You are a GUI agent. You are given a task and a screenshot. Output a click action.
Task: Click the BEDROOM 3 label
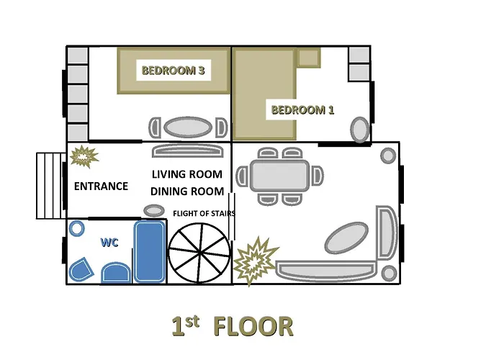coord(174,71)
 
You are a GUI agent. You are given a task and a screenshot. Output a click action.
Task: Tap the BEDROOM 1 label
coord(303,110)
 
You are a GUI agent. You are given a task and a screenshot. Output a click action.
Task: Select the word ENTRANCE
coord(101,186)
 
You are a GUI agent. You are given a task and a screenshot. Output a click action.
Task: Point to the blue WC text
coord(109,242)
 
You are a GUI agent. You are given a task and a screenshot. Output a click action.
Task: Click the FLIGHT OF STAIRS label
coord(204,213)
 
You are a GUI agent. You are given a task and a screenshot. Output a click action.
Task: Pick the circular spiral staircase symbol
coord(199,253)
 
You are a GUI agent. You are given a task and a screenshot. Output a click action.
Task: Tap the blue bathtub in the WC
coord(150,252)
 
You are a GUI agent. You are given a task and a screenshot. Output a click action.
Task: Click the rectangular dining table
coord(279,176)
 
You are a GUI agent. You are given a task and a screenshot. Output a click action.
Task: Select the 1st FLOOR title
coord(233,326)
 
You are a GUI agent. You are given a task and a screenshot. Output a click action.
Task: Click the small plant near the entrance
coord(84,156)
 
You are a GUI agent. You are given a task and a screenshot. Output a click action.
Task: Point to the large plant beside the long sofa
coord(255,261)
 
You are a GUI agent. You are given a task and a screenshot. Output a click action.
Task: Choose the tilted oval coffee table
coord(346,238)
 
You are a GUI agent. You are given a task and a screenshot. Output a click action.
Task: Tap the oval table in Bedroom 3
coord(188,127)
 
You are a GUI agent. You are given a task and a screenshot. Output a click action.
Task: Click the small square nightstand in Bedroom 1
coord(308,58)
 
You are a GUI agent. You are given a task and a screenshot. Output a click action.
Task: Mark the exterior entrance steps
coord(51,186)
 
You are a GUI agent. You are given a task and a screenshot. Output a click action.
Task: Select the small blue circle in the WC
coord(77,229)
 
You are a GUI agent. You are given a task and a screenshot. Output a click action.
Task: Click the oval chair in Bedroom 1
coord(359,130)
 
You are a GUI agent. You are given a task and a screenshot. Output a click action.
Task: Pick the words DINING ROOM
coord(187,192)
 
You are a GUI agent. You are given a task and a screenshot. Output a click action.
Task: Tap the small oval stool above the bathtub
coord(154,210)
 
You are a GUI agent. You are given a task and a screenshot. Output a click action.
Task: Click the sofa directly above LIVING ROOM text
coord(188,151)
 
